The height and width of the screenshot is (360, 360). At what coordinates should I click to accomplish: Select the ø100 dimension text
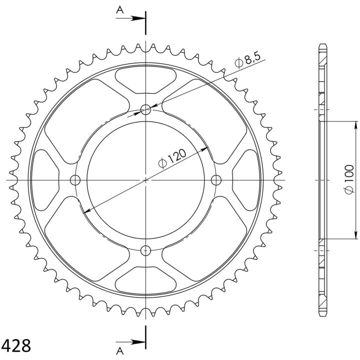click(x=349, y=179)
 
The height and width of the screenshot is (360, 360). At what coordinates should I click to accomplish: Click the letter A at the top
click(x=120, y=10)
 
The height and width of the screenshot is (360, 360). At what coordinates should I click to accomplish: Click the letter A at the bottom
click(x=120, y=351)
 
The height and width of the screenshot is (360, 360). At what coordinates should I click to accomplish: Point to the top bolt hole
click(x=145, y=109)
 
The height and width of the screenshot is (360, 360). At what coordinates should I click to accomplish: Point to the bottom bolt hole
click(x=145, y=250)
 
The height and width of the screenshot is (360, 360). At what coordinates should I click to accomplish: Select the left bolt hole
click(x=75, y=180)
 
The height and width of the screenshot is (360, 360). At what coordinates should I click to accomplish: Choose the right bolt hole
click(x=216, y=180)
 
